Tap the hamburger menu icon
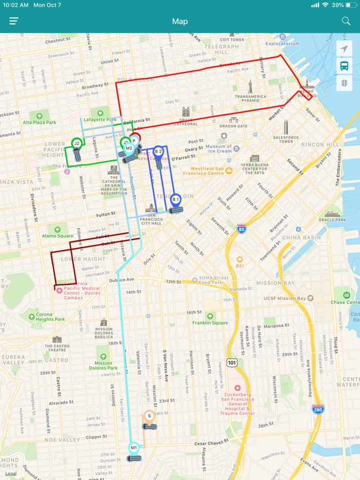click(x=14, y=21)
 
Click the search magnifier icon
click(x=346, y=21)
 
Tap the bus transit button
click(x=344, y=66)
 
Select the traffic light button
click(x=344, y=83)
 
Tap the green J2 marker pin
click(x=77, y=143)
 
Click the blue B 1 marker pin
click(x=175, y=199)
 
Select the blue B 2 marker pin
click(x=158, y=152)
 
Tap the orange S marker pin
click(x=149, y=416)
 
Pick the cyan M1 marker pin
click(x=134, y=448)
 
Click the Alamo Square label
click(x=58, y=236)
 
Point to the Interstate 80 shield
click(x=241, y=228)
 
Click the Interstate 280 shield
click(x=318, y=409)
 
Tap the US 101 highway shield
click(x=232, y=362)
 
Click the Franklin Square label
click(x=210, y=323)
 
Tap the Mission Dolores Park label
click(x=103, y=365)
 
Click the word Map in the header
click(x=180, y=21)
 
